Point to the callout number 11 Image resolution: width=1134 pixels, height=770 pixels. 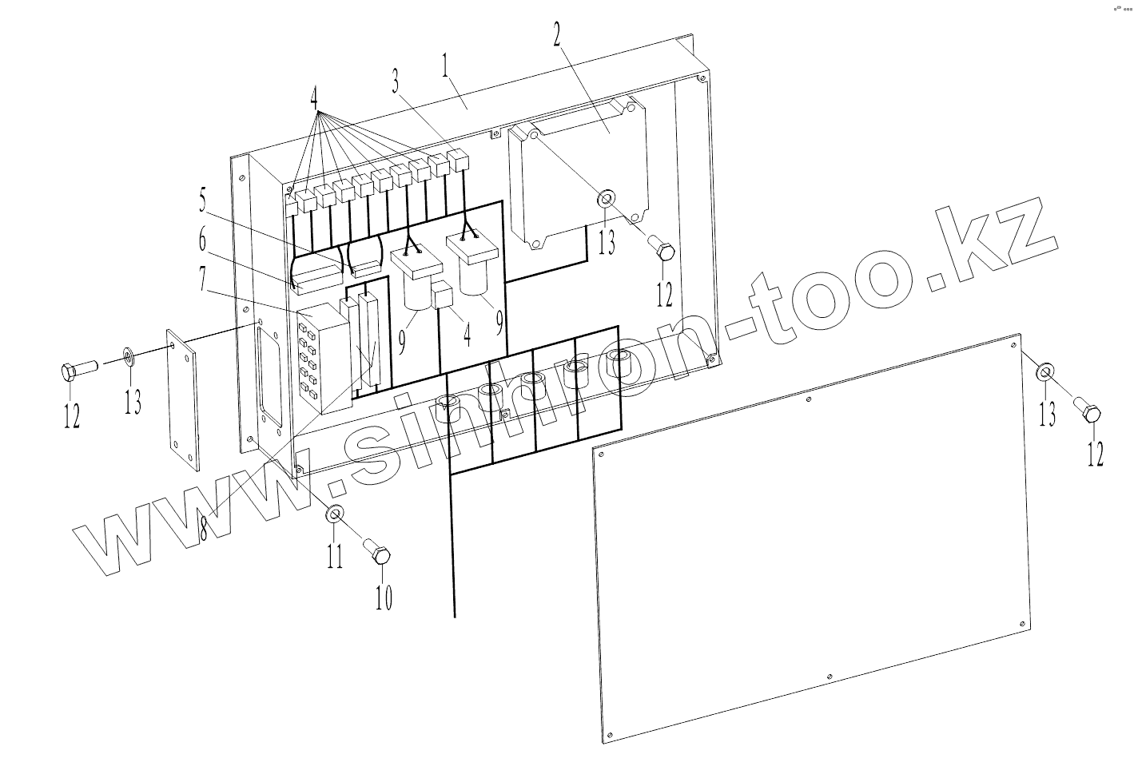pos(335,553)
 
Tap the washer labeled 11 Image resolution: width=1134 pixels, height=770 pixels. pos(336,514)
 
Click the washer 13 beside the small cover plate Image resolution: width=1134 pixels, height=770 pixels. pos(129,355)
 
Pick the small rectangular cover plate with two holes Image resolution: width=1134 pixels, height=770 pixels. pos(185,399)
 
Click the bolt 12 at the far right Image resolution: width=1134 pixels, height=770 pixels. pos(1088,413)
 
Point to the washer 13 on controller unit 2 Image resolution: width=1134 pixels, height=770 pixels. pos(607,196)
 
